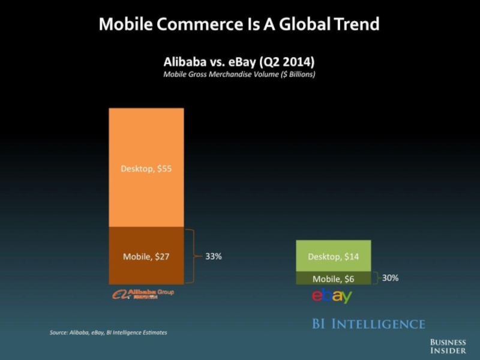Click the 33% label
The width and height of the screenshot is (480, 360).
(x=214, y=256)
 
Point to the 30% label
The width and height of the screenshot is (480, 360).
(x=390, y=278)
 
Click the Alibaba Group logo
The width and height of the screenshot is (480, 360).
(x=143, y=293)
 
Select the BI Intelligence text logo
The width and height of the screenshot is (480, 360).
(x=368, y=324)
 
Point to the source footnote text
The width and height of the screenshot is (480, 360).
(x=108, y=332)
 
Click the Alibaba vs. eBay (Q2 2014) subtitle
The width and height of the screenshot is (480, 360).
(x=239, y=62)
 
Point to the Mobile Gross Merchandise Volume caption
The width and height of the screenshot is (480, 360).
(x=239, y=74)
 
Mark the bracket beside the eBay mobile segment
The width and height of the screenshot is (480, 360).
(x=376, y=278)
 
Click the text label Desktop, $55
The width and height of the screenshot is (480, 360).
(x=146, y=169)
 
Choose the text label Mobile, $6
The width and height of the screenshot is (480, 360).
(x=334, y=278)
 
